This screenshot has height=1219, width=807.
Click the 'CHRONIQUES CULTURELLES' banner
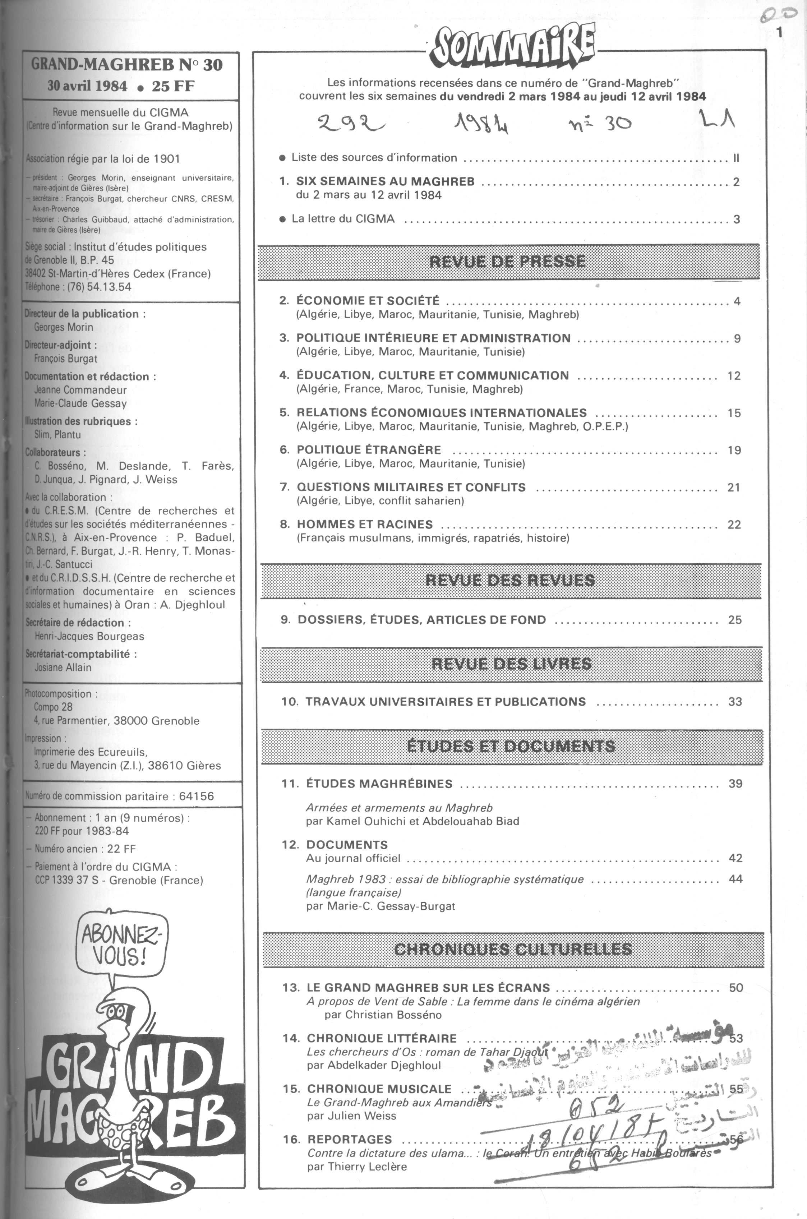tap(513, 949)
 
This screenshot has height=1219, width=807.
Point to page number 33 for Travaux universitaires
tap(735, 701)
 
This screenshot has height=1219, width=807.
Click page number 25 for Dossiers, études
tap(735, 619)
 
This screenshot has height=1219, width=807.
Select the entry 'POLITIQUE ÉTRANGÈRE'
tap(369, 450)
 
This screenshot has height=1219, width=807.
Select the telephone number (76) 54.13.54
tap(99, 287)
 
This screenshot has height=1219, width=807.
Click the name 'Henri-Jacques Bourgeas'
tap(89, 636)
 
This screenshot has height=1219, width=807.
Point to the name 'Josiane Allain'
tap(63, 668)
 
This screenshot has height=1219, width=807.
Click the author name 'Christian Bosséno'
tap(383, 1014)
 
